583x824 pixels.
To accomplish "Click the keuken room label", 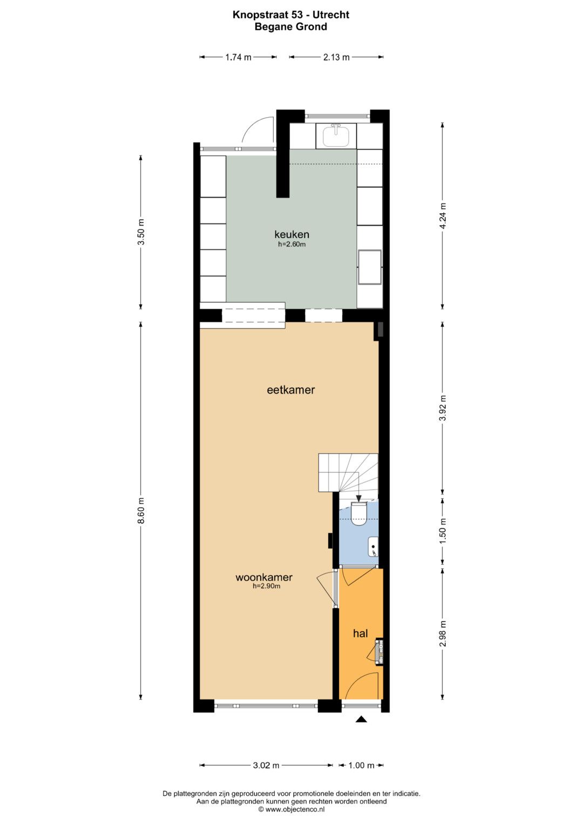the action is pyautogui.click(x=291, y=234).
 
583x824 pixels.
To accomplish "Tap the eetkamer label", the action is pyautogui.click(x=291, y=390).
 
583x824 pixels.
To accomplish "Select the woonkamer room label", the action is pyautogui.click(x=264, y=577).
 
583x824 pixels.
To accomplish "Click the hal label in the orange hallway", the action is pyautogui.click(x=361, y=633).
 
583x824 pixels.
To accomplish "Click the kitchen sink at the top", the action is pyautogui.click(x=336, y=135).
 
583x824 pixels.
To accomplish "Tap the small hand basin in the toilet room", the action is pyautogui.click(x=373, y=547).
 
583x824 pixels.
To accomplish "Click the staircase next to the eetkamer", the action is pyautogui.click(x=348, y=472).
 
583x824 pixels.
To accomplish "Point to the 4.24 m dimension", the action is pyautogui.click(x=443, y=215).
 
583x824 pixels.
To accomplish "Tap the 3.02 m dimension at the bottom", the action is pyautogui.click(x=266, y=766).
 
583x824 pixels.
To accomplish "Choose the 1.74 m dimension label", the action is pyautogui.click(x=238, y=57).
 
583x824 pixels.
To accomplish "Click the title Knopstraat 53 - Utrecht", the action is pyautogui.click(x=291, y=15).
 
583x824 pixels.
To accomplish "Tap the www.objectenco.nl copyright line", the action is pyautogui.click(x=291, y=809).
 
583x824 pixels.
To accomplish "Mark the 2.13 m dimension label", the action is pyautogui.click(x=336, y=57).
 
